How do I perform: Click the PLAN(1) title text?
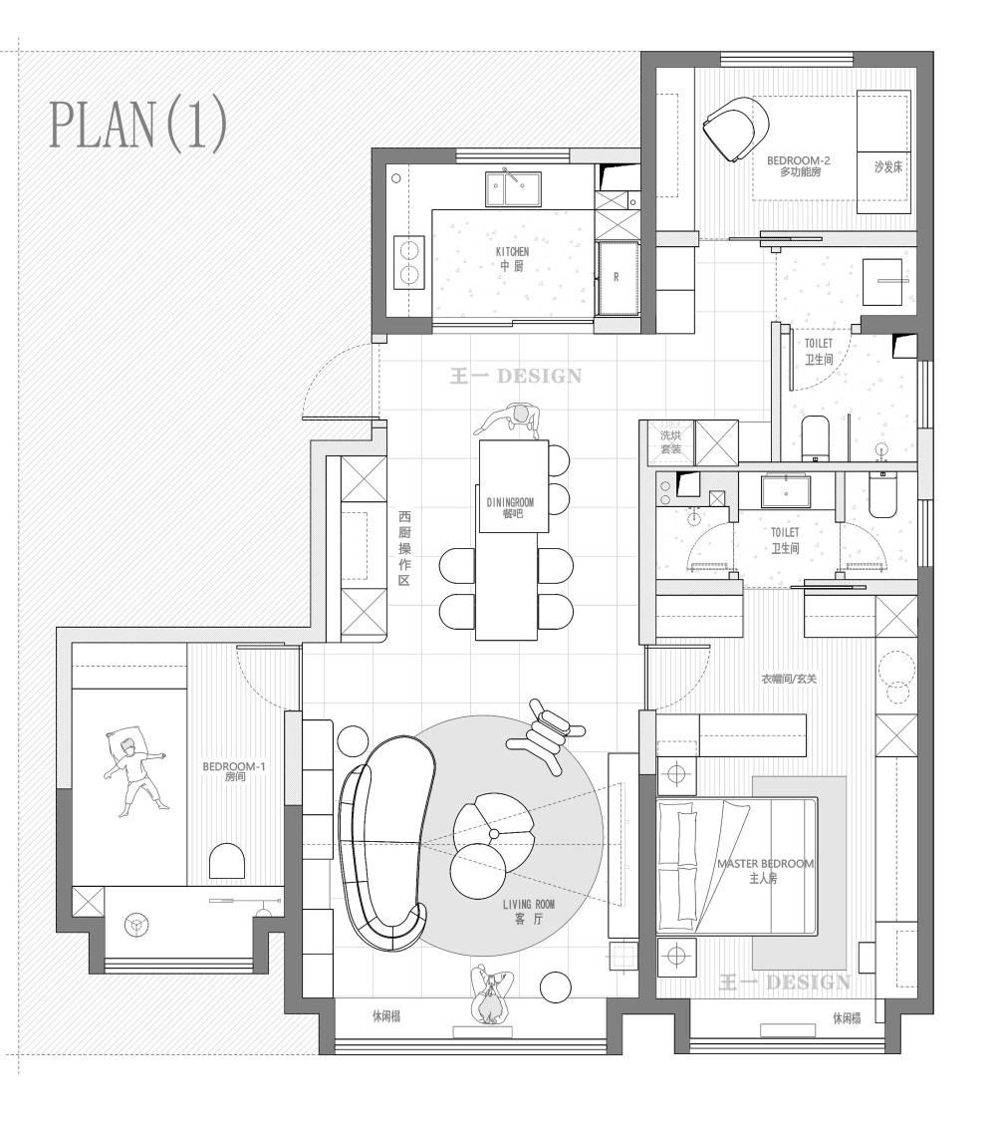pyautogui.click(x=138, y=125)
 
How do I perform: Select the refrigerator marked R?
pyautogui.click(x=617, y=279)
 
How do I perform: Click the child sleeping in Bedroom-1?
pyautogui.click(x=134, y=770)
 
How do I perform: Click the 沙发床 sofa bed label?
pyautogui.click(x=887, y=167)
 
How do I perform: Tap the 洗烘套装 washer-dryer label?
pyautogui.click(x=670, y=442)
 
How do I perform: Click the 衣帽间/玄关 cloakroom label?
pyautogui.click(x=789, y=679)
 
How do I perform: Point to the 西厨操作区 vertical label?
pyautogui.click(x=404, y=548)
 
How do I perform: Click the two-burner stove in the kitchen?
pyautogui.click(x=409, y=262)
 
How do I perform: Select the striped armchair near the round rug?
pyautogui.click(x=546, y=734)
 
